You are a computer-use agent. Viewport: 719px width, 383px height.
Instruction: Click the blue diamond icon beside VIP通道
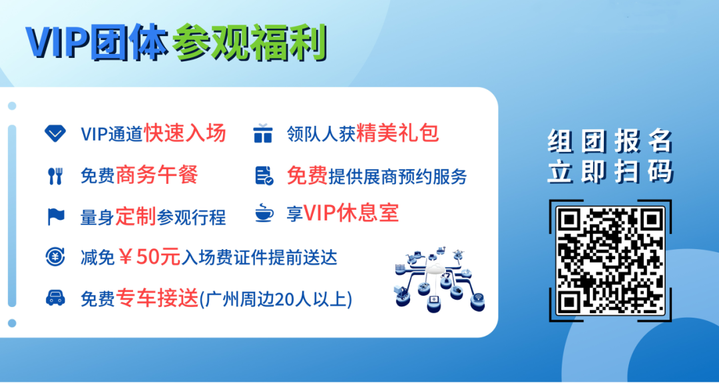click(x=55, y=133)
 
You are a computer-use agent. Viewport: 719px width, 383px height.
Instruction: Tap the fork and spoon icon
click(x=55, y=176)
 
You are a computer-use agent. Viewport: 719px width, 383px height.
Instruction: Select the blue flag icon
click(x=55, y=216)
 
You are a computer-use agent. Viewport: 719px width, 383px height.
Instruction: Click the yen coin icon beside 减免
click(x=55, y=257)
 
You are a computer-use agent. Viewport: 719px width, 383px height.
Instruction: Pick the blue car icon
click(x=55, y=298)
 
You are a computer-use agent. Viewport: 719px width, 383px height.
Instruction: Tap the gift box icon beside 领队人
click(x=263, y=133)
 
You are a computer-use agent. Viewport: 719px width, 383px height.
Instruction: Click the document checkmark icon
click(x=264, y=176)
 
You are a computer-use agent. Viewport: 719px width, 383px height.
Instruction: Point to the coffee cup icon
click(x=264, y=214)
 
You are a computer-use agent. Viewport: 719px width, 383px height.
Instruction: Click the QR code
click(x=610, y=260)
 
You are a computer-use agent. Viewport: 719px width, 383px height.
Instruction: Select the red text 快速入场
click(x=185, y=133)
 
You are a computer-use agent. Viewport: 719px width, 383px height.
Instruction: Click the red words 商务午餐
click(x=156, y=175)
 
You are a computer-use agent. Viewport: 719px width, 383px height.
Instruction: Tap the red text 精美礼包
click(x=397, y=133)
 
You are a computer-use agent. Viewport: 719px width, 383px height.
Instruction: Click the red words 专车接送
click(x=157, y=298)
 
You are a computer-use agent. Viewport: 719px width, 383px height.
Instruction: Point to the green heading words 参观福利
click(x=250, y=43)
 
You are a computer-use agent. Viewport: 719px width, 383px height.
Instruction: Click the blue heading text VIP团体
click(x=97, y=43)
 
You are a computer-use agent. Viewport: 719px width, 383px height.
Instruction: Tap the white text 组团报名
click(x=610, y=142)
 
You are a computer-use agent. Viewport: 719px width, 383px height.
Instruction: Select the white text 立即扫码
click(x=610, y=171)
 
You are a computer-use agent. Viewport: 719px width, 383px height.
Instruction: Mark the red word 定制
click(x=135, y=216)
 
